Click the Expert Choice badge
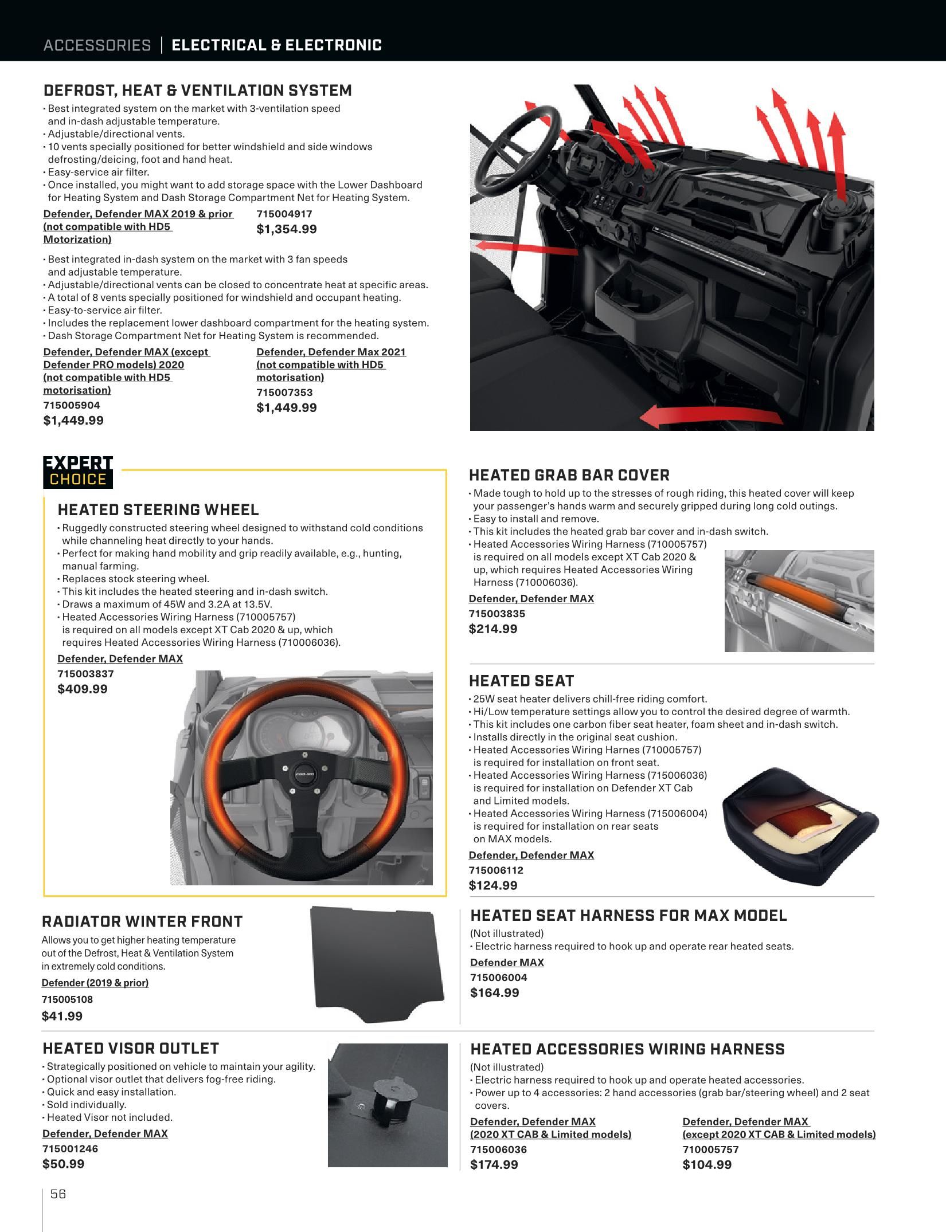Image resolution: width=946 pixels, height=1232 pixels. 78,472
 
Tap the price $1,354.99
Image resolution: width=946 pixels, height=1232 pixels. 287,229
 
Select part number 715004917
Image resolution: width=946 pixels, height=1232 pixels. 284,214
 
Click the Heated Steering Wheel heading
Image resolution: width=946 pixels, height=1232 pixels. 158,509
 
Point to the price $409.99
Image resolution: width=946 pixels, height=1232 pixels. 83,689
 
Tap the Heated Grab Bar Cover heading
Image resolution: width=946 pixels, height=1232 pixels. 569,475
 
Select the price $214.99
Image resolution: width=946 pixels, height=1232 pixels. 493,629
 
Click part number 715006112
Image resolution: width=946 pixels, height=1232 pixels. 496,870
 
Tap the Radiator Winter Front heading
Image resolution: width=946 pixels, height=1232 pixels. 142,921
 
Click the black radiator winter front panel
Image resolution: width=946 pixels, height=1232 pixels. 378,964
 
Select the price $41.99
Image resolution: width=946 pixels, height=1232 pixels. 62,1016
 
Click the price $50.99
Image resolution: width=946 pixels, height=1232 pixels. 63,1164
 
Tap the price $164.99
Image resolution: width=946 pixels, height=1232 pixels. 495,992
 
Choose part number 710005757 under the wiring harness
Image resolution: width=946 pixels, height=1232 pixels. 710,1149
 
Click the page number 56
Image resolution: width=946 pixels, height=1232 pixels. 58,1194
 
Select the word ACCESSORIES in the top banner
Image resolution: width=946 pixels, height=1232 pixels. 97,45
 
